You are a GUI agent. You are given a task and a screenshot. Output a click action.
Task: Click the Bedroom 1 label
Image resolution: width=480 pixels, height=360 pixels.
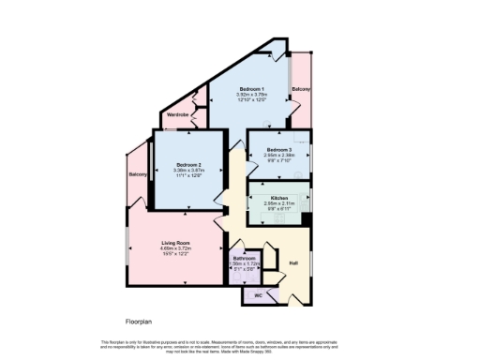[249, 87]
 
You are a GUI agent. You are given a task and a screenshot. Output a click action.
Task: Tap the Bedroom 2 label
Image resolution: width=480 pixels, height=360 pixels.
[189, 164]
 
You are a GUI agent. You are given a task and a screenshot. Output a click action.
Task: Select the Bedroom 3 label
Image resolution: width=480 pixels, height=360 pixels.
[279, 150]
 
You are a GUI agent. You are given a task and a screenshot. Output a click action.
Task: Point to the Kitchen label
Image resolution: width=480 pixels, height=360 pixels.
[279, 199]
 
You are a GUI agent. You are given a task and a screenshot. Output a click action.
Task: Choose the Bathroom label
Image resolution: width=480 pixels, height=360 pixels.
[245, 258]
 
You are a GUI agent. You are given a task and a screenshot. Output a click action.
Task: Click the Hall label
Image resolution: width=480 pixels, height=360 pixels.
[292, 263]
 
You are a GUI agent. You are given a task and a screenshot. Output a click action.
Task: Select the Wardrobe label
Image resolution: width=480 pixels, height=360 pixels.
[177, 114]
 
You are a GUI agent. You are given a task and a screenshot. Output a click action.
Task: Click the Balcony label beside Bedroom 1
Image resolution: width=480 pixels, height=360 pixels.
[301, 88]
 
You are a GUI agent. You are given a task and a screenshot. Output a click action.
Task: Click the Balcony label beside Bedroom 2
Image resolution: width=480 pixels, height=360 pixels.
[138, 174]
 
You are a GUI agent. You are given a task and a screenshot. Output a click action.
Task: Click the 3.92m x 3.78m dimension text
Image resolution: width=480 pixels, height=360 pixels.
[249, 94]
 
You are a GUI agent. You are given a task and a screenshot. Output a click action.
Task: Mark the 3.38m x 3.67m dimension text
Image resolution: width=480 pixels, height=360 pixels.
[189, 171]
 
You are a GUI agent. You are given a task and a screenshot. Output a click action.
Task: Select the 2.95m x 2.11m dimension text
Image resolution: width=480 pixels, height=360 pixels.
[279, 204]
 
